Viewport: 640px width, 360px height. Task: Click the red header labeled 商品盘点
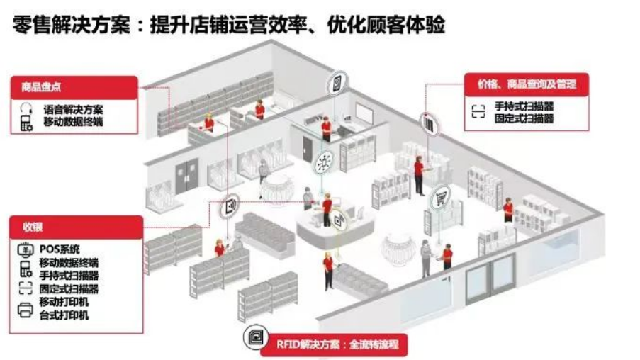pos(74,87)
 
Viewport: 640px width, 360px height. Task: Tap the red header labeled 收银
pos(76,227)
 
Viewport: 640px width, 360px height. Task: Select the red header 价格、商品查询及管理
pos(527,84)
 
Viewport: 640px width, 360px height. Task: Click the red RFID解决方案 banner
pos(335,344)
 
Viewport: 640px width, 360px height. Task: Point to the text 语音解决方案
pos(73,109)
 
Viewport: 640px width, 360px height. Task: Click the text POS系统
pos(60,249)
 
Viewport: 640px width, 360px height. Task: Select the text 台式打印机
pos(64,315)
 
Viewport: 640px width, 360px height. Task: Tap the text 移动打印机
pos(64,302)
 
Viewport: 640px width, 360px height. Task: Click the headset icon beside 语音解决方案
pos(26,109)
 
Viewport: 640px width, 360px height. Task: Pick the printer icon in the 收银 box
pos(26,310)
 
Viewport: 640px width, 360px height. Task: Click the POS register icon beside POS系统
pos(26,249)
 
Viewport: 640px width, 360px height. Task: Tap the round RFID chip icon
pos(255,337)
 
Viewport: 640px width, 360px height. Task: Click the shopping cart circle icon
pos(441,198)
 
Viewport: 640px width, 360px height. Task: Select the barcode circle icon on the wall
pos(430,124)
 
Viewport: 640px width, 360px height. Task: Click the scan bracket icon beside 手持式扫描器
pos(478,111)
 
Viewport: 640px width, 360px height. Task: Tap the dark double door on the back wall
pos(187,176)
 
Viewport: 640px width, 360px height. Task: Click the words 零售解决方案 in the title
pos(72,25)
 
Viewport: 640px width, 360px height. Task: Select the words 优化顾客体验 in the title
pos(386,25)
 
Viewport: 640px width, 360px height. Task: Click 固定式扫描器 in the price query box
pos(524,118)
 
